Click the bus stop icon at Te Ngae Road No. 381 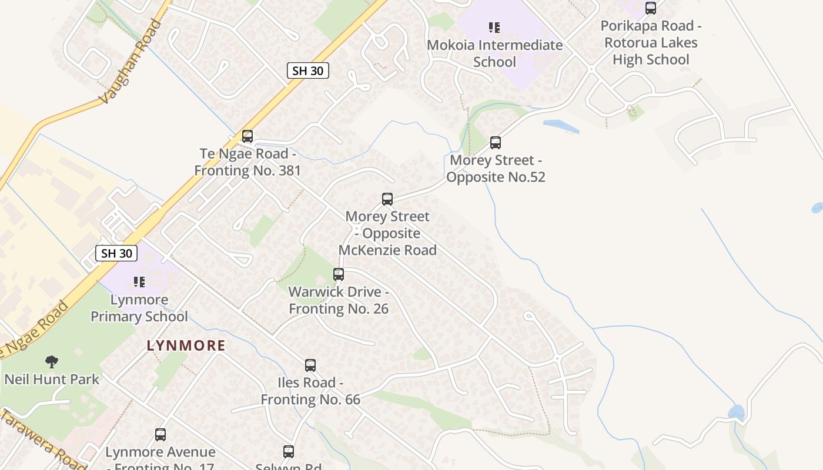[x=247, y=136]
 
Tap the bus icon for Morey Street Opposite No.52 [x=496, y=143]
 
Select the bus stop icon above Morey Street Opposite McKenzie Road [x=387, y=199]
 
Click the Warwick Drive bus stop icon [x=339, y=274]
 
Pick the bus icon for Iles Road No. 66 [x=310, y=365]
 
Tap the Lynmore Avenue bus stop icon [x=160, y=435]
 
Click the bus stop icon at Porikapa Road [x=651, y=8]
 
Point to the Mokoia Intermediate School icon [x=494, y=28]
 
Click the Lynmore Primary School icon [x=139, y=282]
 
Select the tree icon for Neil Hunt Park [x=52, y=361]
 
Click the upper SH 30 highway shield [x=308, y=71]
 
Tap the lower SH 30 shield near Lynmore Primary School [x=116, y=253]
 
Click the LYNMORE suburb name [x=186, y=345]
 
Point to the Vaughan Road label [x=130, y=62]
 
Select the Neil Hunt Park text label [x=52, y=380]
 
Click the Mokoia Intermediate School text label [x=494, y=53]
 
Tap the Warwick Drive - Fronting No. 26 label [x=339, y=300]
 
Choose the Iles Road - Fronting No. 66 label [x=310, y=391]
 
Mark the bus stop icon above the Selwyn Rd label [x=289, y=452]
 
